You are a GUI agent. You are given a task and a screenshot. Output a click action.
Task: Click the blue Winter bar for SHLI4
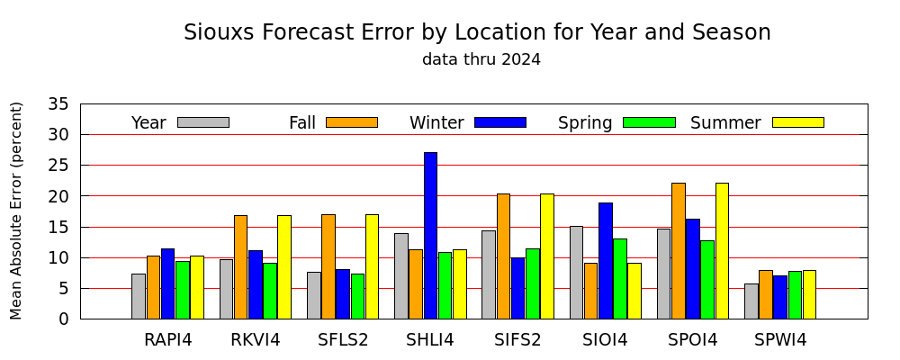pyautogui.click(x=430, y=236)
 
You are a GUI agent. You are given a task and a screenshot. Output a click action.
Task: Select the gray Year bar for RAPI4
pyautogui.click(x=139, y=296)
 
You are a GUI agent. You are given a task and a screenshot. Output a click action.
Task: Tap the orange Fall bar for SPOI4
pyautogui.click(x=679, y=251)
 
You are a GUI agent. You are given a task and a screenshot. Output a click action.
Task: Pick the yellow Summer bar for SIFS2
pyautogui.click(x=547, y=256)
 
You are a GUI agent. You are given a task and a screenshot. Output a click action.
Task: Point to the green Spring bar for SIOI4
pyautogui.click(x=620, y=278)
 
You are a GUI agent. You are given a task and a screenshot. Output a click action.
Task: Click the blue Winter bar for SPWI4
pyautogui.click(x=780, y=297)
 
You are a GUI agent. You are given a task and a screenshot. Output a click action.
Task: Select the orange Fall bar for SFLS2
pyautogui.click(x=328, y=266)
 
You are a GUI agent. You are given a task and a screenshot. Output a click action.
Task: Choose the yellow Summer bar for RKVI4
pyautogui.click(x=284, y=267)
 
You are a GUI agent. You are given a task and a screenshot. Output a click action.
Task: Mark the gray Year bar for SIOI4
pyautogui.click(x=576, y=272)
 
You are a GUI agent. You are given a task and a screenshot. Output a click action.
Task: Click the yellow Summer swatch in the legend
pyautogui.click(x=798, y=122)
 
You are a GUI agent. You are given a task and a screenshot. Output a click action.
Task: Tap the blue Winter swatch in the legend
pyautogui.click(x=500, y=122)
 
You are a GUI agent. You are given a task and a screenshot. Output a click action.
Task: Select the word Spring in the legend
pyautogui.click(x=585, y=123)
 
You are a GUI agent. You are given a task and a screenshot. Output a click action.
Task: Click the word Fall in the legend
pyautogui.click(x=302, y=123)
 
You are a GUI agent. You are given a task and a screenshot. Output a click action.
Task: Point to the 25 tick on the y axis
pyautogui.click(x=80, y=166)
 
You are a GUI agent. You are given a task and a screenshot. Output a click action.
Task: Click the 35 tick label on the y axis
pyautogui.click(x=57, y=103)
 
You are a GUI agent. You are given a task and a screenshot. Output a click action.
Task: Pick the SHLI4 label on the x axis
pyautogui.click(x=430, y=340)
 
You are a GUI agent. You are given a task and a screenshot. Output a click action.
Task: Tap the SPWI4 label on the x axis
pyautogui.click(x=780, y=340)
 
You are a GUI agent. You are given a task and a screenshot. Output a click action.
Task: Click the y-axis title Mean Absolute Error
pyautogui.click(x=15, y=211)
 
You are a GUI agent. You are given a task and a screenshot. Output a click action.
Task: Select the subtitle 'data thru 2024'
pyautogui.click(x=481, y=59)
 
